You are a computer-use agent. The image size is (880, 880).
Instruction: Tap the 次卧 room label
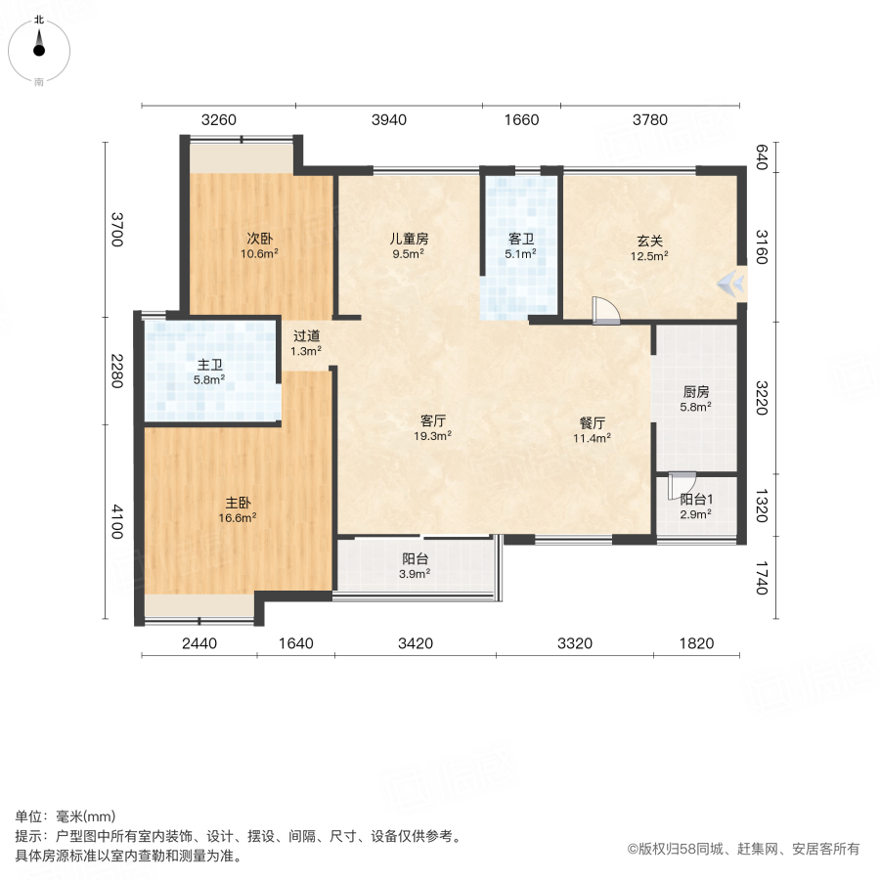[259, 238]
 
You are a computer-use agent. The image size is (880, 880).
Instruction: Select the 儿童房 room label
[408, 238]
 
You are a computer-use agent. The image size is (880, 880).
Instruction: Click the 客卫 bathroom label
[521, 238]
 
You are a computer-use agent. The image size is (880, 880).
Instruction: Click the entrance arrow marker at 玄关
[731, 283]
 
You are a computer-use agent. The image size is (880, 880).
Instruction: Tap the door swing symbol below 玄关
[606, 309]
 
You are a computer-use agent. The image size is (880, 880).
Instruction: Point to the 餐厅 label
[593, 422]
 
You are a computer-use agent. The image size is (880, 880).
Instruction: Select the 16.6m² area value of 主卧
[238, 518]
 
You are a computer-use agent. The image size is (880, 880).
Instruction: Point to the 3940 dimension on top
[388, 120]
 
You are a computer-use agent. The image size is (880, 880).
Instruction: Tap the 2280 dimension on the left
[116, 370]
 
